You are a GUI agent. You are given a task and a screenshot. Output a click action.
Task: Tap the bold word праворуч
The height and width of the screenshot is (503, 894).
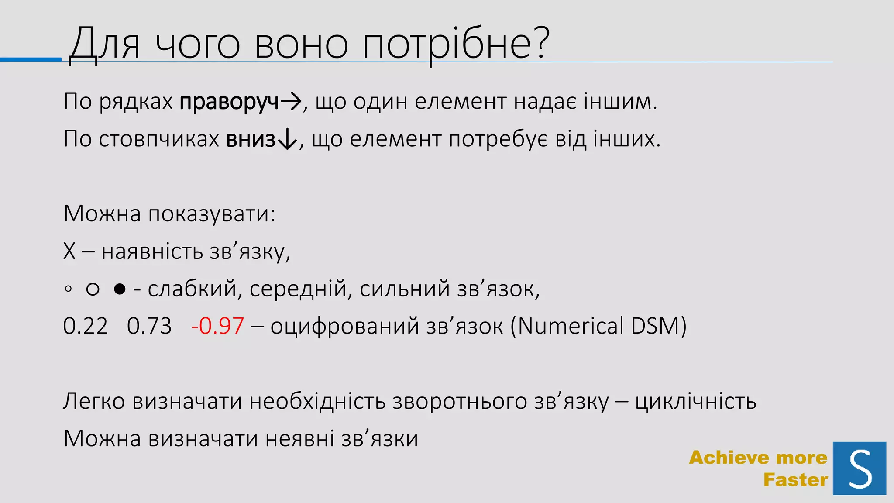click(229, 102)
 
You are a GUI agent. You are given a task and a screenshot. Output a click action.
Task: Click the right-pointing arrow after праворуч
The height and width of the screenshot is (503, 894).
click(291, 102)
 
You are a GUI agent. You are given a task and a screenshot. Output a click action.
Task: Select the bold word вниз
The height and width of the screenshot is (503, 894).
click(251, 140)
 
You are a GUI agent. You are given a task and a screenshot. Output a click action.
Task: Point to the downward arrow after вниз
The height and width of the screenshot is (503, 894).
click(287, 140)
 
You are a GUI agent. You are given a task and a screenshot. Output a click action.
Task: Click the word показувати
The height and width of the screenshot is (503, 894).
click(212, 214)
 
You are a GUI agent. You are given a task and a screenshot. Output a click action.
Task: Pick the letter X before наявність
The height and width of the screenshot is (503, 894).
click(69, 251)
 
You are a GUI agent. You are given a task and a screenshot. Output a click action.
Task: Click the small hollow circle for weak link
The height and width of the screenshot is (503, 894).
click(68, 289)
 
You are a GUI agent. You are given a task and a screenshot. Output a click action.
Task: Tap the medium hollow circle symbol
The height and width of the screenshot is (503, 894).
click(93, 289)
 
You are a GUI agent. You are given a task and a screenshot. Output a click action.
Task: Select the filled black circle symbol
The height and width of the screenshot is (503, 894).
click(120, 289)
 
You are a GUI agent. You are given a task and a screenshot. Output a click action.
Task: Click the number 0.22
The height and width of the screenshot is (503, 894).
click(85, 326)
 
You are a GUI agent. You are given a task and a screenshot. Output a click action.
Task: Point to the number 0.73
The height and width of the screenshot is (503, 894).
click(149, 326)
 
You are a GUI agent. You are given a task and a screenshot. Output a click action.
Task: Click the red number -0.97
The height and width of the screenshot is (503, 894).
click(217, 326)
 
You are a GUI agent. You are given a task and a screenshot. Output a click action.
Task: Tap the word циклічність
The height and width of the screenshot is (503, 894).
click(695, 401)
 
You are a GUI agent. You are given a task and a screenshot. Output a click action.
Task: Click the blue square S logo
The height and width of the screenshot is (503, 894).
click(859, 468)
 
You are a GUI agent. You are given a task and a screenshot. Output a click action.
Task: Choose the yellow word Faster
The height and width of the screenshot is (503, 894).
click(795, 480)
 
